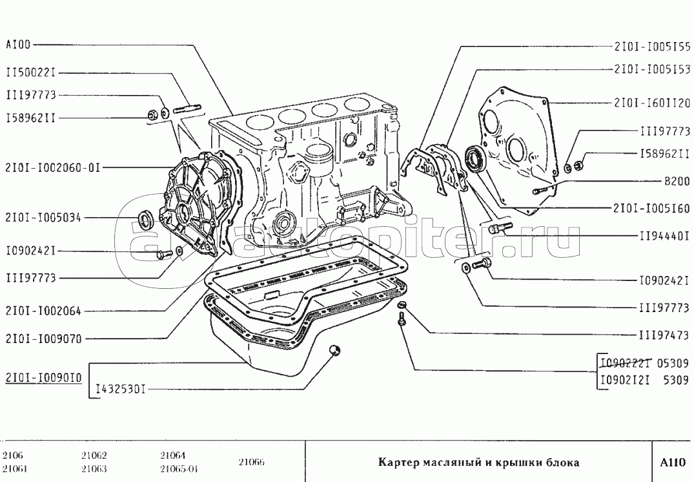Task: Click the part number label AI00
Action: [x=18, y=45]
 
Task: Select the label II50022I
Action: [x=31, y=72]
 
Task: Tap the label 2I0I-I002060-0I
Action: [x=53, y=168]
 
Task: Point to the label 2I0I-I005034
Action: [x=43, y=218]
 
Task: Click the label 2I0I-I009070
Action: [x=44, y=339]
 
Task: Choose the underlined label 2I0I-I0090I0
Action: [x=43, y=378]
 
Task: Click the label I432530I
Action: [x=121, y=390]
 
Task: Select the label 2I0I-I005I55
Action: [x=652, y=46]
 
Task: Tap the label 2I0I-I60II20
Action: [x=652, y=103]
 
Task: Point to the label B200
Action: [x=677, y=181]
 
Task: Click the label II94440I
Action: [x=665, y=236]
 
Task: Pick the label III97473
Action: [x=664, y=335]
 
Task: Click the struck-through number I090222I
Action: [x=626, y=363]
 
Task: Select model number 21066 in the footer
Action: [x=251, y=462]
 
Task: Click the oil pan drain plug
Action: [x=335, y=350]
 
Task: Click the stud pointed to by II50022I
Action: [x=188, y=108]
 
